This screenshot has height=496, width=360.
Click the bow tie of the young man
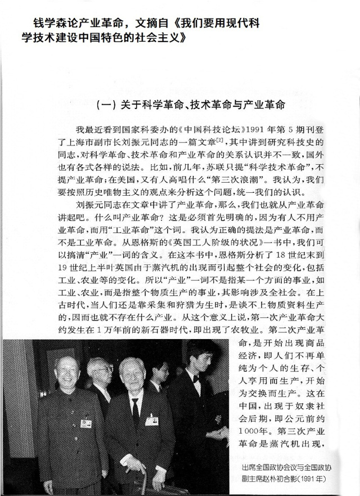[x=196, y=378]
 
